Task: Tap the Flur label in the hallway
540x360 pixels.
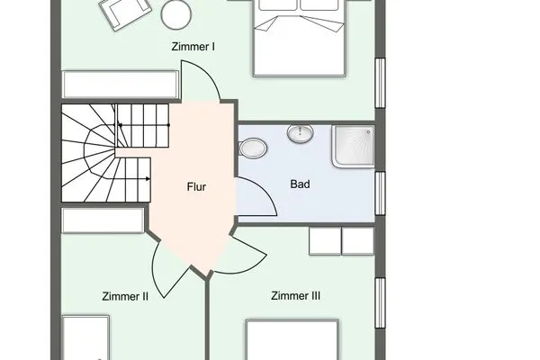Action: (196, 188)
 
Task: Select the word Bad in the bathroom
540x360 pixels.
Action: (300, 184)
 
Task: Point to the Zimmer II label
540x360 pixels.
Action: (126, 294)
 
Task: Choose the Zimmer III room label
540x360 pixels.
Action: (296, 294)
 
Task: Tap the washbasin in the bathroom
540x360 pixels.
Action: (299, 135)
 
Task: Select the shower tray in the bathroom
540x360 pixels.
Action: (351, 146)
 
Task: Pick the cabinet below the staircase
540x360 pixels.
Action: (103, 220)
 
